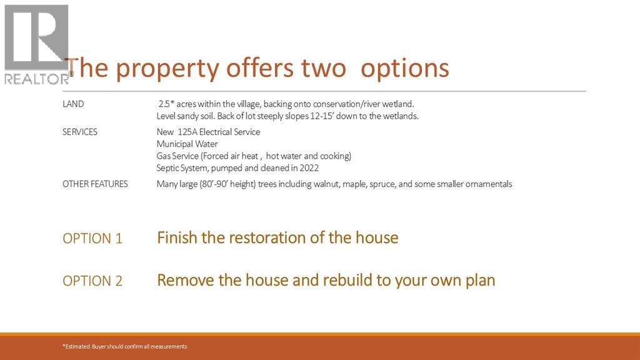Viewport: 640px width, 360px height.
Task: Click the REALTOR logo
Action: pyautogui.click(x=37, y=44)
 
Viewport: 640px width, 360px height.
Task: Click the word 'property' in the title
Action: pyautogui.click(x=167, y=69)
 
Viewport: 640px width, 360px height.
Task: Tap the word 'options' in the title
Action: pyautogui.click(x=404, y=69)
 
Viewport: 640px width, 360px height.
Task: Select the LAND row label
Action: pyautogui.click(x=73, y=104)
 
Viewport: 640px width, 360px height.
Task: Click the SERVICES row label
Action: pyautogui.click(x=80, y=132)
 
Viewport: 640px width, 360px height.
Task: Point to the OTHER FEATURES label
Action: pyautogui.click(x=95, y=184)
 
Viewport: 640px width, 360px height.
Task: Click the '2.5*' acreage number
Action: pyautogui.click(x=166, y=104)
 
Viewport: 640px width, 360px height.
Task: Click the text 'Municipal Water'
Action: pyautogui.click(x=187, y=144)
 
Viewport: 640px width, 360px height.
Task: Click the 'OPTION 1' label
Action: pyautogui.click(x=92, y=238)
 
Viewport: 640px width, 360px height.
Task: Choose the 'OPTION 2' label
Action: pyautogui.click(x=92, y=281)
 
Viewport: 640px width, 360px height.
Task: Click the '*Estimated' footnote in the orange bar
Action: pyautogui.click(x=76, y=346)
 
